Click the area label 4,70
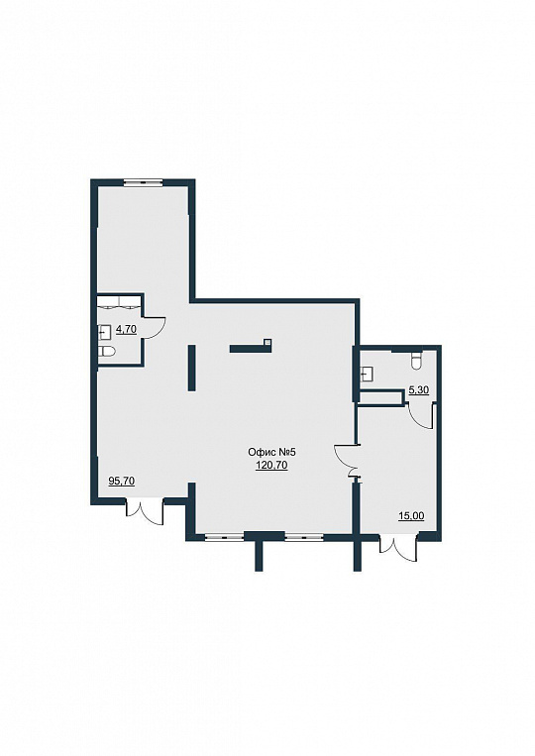[x=127, y=330]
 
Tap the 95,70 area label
[x=122, y=481]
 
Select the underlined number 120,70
[x=271, y=465]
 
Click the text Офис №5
[x=270, y=452]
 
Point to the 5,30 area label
[x=419, y=390]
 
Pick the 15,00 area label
[x=411, y=516]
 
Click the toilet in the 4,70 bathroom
[x=107, y=353]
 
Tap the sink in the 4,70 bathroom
[x=104, y=332]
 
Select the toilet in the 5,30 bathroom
[x=416, y=360]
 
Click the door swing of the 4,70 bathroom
[x=156, y=328]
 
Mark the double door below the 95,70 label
[x=145, y=511]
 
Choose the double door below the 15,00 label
[x=398, y=547]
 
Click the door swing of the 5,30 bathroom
[x=421, y=416]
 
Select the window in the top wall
[x=144, y=182]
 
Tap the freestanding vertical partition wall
[x=191, y=368]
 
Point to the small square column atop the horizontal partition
[x=267, y=342]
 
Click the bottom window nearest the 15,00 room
[x=304, y=536]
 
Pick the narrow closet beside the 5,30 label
[x=381, y=397]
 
